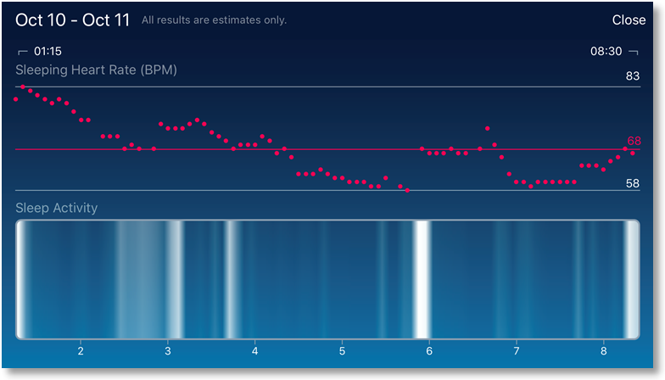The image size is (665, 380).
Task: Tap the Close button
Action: pyautogui.click(x=629, y=20)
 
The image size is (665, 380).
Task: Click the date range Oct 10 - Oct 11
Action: pyautogui.click(x=72, y=20)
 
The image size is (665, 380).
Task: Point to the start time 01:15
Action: pyautogui.click(x=47, y=51)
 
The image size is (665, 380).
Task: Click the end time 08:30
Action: pyautogui.click(x=606, y=51)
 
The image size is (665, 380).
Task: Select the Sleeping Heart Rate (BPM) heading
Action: pyautogui.click(x=96, y=70)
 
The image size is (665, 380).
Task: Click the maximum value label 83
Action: pyautogui.click(x=632, y=76)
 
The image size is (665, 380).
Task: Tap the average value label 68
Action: pyautogui.click(x=634, y=141)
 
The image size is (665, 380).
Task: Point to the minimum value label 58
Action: pyautogui.click(x=632, y=183)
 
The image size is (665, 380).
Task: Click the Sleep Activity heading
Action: pyautogui.click(x=56, y=208)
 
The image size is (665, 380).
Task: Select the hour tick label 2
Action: pyautogui.click(x=81, y=350)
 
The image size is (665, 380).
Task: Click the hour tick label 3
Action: pyautogui.click(x=168, y=350)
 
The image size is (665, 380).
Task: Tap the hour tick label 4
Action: pyautogui.click(x=255, y=350)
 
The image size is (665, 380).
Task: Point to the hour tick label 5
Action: pyautogui.click(x=342, y=350)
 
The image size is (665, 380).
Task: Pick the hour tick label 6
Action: pyautogui.click(x=429, y=350)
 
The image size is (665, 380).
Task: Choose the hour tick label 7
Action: pyautogui.click(x=517, y=350)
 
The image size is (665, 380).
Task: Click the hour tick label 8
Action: pyautogui.click(x=603, y=350)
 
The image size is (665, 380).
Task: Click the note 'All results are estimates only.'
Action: pyautogui.click(x=214, y=20)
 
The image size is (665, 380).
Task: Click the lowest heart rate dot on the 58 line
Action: pyautogui.click(x=408, y=191)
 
